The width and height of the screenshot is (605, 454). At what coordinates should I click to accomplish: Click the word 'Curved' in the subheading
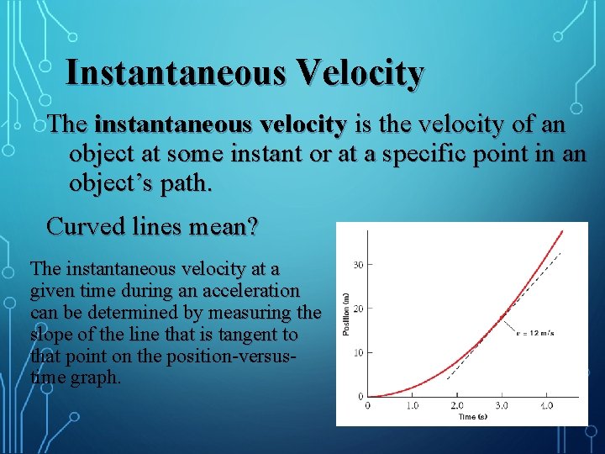(82, 226)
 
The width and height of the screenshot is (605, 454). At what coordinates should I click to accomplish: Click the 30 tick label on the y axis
(357, 265)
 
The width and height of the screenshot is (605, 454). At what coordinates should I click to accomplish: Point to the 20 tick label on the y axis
(357, 309)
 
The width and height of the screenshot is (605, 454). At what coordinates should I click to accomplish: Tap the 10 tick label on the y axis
(357, 352)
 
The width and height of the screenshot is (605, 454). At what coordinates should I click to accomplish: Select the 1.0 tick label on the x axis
(412, 405)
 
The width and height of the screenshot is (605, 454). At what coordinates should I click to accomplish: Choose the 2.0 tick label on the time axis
(457, 405)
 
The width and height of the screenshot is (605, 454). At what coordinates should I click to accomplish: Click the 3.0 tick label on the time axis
(502, 405)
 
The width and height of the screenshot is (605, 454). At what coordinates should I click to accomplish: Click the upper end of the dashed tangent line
(560, 253)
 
